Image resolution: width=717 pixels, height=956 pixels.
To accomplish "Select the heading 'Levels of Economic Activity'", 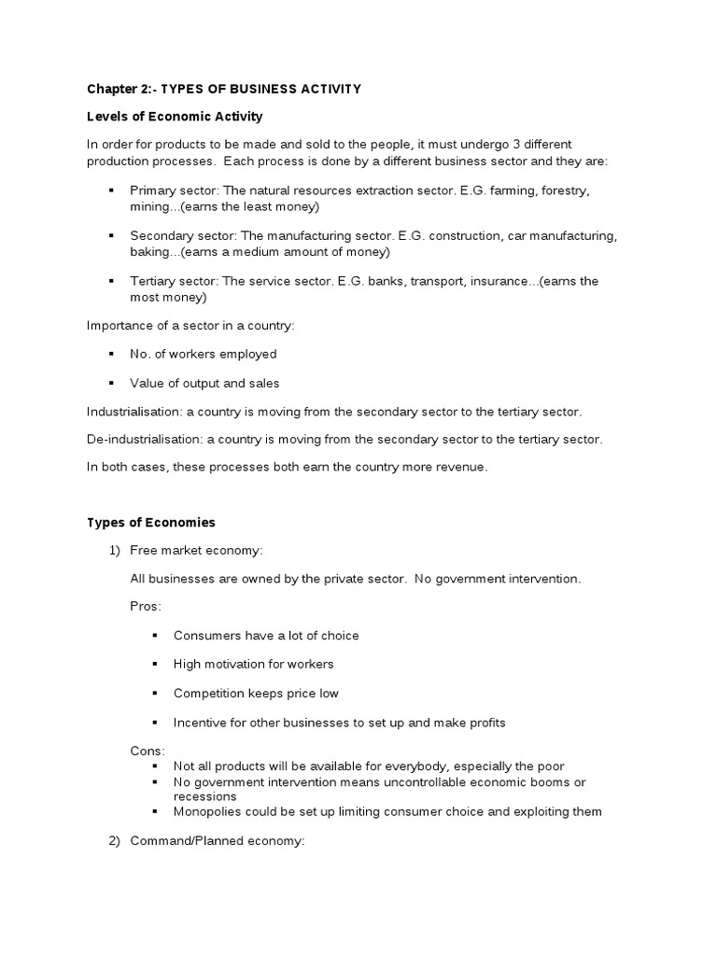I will [x=175, y=117].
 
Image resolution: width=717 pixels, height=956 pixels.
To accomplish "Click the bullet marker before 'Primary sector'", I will [x=111, y=190].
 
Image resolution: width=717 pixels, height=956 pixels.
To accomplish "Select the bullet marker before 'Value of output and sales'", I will [x=111, y=383].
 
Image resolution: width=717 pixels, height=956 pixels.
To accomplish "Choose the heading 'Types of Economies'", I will [x=151, y=522].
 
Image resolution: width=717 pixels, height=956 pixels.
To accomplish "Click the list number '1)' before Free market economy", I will [x=115, y=550].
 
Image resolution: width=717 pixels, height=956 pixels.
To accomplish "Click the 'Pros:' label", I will [x=146, y=606].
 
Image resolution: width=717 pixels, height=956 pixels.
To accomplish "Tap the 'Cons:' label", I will [x=148, y=751].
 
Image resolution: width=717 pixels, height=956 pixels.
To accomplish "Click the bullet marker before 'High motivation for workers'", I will [x=154, y=664].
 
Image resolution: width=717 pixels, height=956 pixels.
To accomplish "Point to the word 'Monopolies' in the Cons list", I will [x=207, y=811].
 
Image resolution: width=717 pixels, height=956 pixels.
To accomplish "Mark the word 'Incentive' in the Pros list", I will [x=201, y=723].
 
